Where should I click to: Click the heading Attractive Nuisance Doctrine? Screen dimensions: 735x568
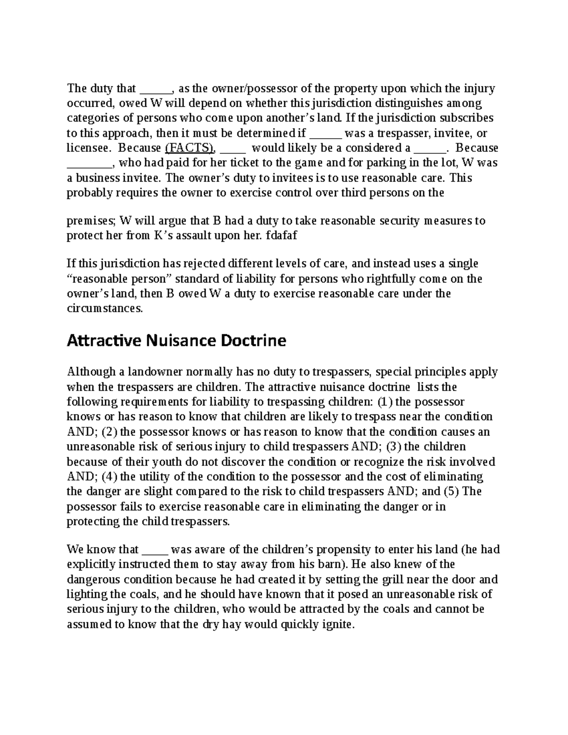(177, 341)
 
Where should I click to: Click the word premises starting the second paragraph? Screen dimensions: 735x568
(91, 221)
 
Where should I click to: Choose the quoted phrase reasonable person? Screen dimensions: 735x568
(114, 279)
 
